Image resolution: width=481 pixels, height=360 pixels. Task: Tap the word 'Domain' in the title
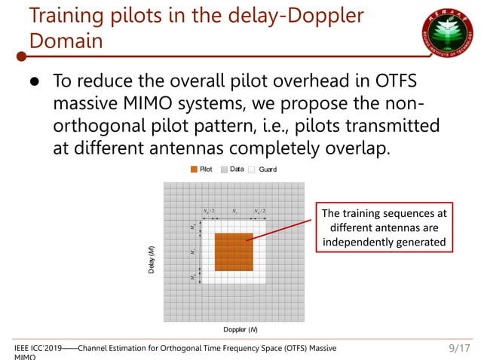pyautogui.click(x=66, y=41)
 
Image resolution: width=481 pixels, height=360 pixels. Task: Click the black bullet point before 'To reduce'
pyautogui.click(x=35, y=81)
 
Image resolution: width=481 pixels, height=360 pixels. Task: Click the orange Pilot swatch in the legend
pyautogui.click(x=194, y=169)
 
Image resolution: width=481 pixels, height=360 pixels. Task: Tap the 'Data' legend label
pyautogui.click(x=237, y=169)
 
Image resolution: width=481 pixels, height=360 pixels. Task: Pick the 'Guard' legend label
pyautogui.click(x=267, y=169)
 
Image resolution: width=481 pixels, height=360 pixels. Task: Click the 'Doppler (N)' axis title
pyautogui.click(x=240, y=330)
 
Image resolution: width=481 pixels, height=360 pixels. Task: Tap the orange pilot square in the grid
pyautogui.click(x=233, y=252)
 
